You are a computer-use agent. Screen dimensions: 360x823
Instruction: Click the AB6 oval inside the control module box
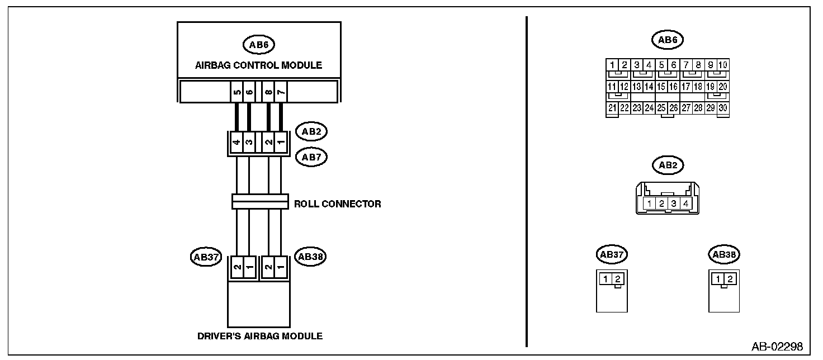pos(258,44)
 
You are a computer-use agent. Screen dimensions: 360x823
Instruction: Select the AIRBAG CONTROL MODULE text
pos(258,65)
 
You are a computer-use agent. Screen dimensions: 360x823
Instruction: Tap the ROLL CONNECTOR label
pos(338,204)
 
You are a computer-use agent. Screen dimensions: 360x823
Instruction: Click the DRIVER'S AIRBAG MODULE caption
pos(259,336)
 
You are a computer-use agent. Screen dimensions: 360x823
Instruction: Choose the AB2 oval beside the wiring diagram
pos(311,131)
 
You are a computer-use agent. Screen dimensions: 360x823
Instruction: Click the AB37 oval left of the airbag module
pos(206,257)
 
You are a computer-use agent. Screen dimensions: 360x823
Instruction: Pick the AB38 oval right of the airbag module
pos(311,257)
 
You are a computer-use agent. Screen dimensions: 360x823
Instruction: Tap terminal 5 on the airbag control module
pos(237,92)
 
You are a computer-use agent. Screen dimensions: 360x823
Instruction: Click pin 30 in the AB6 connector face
pos(723,108)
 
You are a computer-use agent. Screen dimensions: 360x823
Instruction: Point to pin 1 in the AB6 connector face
pos(613,65)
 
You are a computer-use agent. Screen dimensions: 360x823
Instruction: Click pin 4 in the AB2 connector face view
pos(685,203)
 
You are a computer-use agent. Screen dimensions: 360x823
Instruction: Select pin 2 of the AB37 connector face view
pos(617,279)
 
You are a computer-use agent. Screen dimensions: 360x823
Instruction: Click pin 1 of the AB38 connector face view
pos(718,279)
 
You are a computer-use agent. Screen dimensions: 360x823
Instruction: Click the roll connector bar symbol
pos(259,202)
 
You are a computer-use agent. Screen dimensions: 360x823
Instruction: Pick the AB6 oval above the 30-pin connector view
pos(668,40)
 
